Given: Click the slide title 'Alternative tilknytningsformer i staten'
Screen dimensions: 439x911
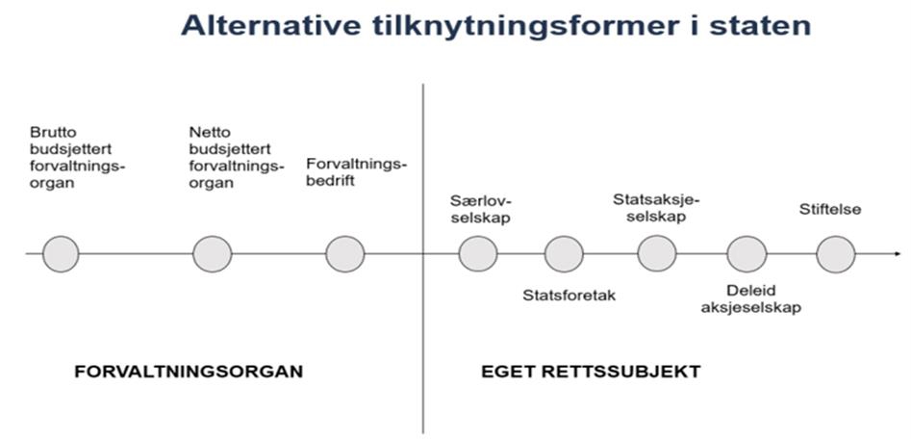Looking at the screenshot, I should [495, 25].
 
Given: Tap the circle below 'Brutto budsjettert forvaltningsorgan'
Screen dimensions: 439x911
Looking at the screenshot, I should [61, 254].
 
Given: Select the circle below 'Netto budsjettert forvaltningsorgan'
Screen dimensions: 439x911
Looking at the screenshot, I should [212, 254].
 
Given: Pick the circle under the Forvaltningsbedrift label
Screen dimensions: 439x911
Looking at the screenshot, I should [345, 254].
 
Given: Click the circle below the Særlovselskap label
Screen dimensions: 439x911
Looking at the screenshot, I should [478, 254].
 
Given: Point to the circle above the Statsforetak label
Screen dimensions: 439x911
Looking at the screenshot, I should [564, 254].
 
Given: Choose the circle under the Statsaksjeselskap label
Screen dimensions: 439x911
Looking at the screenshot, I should [657, 254].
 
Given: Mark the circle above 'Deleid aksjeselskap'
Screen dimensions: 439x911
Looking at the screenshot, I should [747, 254].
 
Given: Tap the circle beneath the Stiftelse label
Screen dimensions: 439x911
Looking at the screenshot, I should [835, 254].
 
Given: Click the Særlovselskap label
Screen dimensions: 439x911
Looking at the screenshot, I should [480, 209].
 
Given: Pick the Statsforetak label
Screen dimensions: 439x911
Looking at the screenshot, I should [569, 296].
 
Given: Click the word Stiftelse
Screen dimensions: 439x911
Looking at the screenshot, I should [830, 209].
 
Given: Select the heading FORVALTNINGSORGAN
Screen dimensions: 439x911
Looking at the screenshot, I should [189, 371].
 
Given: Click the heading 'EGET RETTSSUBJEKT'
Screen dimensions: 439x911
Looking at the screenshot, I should [591, 371].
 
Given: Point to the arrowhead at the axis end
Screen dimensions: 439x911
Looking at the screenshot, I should [882, 254].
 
